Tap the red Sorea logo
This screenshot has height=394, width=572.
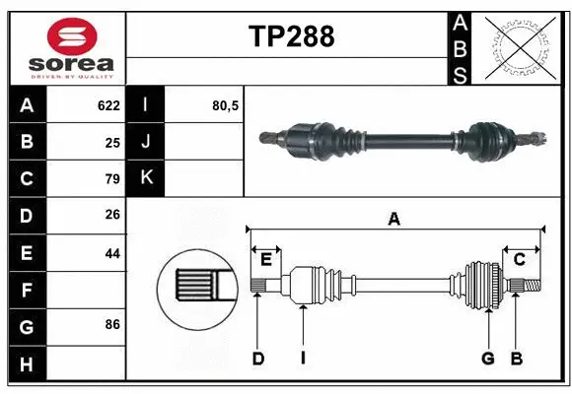click(x=73, y=39)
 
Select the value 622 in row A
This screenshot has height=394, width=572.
click(x=108, y=104)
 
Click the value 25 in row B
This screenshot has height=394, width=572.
click(x=112, y=142)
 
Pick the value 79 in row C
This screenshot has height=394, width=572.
click(x=112, y=179)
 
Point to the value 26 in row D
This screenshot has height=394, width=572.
click(x=112, y=216)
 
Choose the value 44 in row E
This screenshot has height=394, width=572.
click(x=112, y=253)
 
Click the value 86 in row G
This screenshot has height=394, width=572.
click(x=112, y=324)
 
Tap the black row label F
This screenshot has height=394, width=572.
click(x=27, y=291)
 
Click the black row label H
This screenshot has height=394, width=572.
click(x=27, y=364)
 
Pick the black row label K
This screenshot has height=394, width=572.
click(x=146, y=178)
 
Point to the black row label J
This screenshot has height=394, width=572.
click(x=146, y=142)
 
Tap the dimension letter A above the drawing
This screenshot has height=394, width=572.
click(x=394, y=220)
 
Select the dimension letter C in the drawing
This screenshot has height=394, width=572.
click(x=519, y=259)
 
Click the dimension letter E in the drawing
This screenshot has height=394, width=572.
click(x=266, y=259)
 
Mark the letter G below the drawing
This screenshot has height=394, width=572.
click(x=487, y=359)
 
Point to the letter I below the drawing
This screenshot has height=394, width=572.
click(x=304, y=359)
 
